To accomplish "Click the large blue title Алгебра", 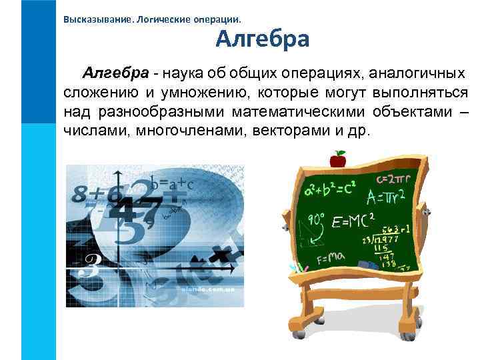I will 262,39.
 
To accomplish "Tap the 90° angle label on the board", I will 315,218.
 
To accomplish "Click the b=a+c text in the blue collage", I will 171,184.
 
